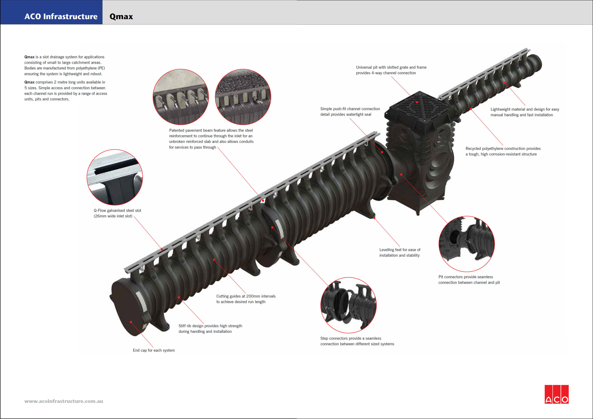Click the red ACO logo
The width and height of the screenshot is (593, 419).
pyautogui.click(x=557, y=394)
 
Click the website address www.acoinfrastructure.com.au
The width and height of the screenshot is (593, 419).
pyautogui.click(x=64, y=401)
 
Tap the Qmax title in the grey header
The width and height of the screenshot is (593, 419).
pyautogui.click(x=121, y=16)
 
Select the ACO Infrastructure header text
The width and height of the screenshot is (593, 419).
pyautogui.click(x=61, y=16)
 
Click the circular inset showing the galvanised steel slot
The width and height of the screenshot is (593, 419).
pyautogui.click(x=115, y=177)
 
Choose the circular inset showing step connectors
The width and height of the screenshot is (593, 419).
pyautogui.click(x=348, y=305)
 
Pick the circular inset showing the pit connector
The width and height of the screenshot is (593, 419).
pyautogui.click(x=467, y=244)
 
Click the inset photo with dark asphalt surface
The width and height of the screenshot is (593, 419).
pyautogui.click(x=243, y=97)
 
